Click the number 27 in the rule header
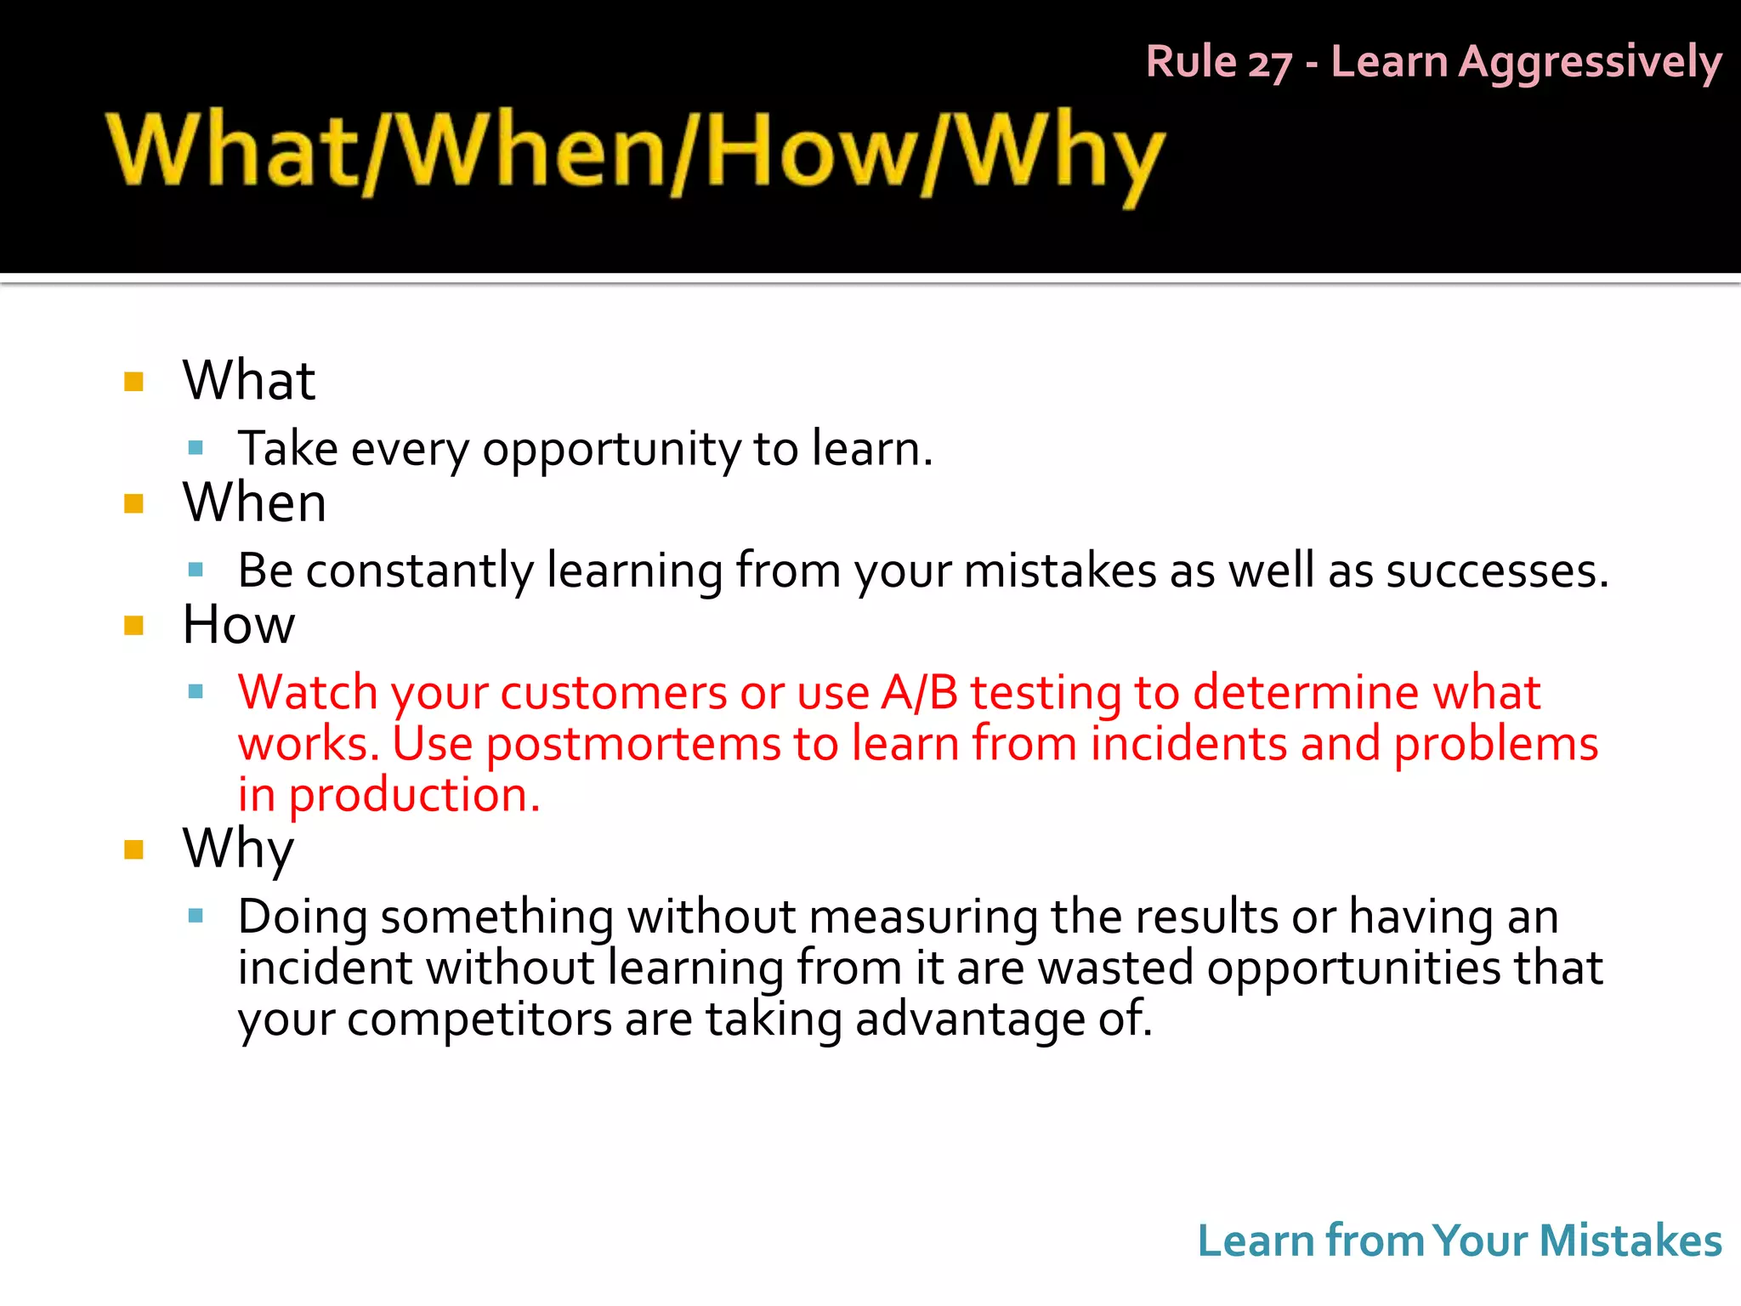(1269, 64)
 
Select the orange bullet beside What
(133, 381)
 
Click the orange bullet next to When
(133, 503)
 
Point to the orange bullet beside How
(133, 626)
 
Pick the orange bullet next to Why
(133, 849)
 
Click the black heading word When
(254, 502)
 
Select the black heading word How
(239, 625)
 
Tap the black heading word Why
(238, 849)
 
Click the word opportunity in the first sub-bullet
(611, 449)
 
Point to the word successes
(1496, 571)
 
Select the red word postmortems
(632, 744)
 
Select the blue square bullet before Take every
(196, 447)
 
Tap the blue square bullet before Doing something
(196, 916)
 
